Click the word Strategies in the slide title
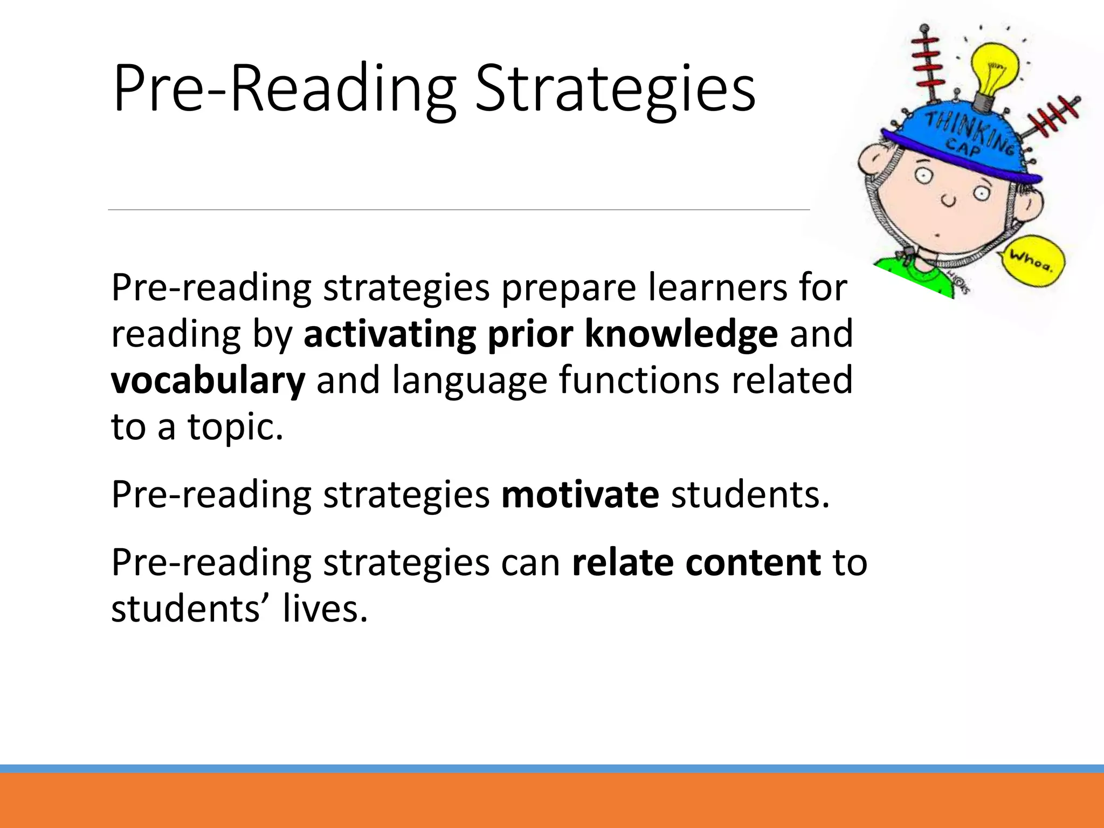615,89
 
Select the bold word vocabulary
208,381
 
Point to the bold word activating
390,334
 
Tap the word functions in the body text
639,381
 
